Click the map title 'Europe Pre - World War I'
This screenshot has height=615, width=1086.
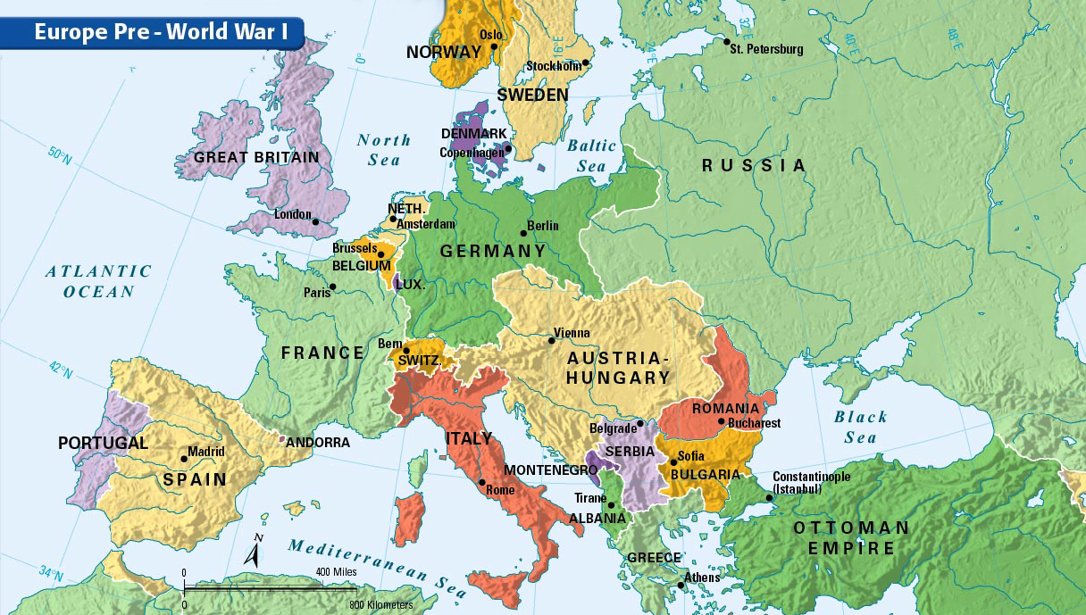click(x=161, y=32)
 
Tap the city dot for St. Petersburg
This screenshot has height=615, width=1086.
click(x=727, y=42)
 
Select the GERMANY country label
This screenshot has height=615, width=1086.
click(x=492, y=252)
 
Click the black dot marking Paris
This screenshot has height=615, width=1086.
click(x=332, y=287)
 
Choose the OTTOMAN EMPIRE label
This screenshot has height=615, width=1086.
click(x=851, y=538)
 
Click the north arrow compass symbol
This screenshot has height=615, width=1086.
click(x=256, y=553)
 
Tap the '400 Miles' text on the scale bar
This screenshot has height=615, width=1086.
click(x=336, y=571)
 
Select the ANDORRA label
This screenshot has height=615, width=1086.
click(x=317, y=442)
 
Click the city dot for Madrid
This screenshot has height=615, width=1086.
click(x=184, y=459)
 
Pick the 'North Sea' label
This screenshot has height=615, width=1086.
click(x=384, y=150)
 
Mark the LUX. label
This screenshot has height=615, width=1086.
click(x=411, y=286)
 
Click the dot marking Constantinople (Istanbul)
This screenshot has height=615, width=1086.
click(x=768, y=497)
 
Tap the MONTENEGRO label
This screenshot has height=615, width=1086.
click(x=550, y=470)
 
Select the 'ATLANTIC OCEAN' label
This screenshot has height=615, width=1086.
click(x=98, y=281)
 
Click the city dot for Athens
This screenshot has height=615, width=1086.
click(x=681, y=585)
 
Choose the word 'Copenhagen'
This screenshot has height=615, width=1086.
click(x=470, y=153)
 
